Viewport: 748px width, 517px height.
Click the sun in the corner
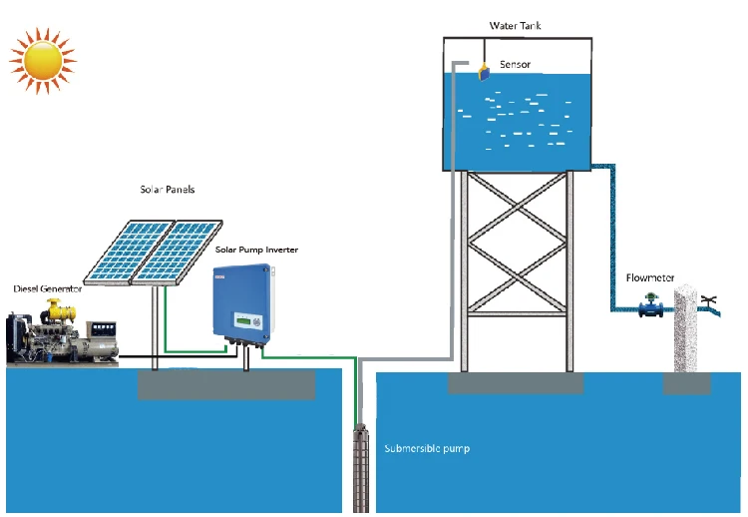pyautogui.click(x=43, y=61)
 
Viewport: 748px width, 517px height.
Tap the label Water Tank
pyautogui.click(x=516, y=26)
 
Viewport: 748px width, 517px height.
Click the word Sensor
pyautogui.click(x=516, y=65)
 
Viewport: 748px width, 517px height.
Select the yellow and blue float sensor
pyautogui.click(x=484, y=73)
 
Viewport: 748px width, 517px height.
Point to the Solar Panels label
pyautogui.click(x=168, y=190)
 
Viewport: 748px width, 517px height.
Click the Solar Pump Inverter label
pyautogui.click(x=256, y=250)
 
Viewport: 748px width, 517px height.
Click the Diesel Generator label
pyautogui.click(x=48, y=288)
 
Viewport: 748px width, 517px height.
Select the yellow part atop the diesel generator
pyautogui.click(x=60, y=310)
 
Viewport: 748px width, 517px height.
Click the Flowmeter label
pyautogui.click(x=650, y=277)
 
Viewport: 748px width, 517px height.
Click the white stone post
pyautogui.click(x=686, y=328)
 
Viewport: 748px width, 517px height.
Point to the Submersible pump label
pyautogui.click(x=427, y=449)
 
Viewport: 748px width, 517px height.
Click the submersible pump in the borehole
pyautogui.click(x=361, y=468)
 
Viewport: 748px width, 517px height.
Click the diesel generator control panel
pyautogui.click(x=104, y=329)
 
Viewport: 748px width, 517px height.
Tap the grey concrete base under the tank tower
pyautogui.click(x=516, y=383)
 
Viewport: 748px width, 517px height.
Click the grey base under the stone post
pyautogui.click(x=687, y=383)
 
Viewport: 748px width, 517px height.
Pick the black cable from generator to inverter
pyautogui.click(x=178, y=356)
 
